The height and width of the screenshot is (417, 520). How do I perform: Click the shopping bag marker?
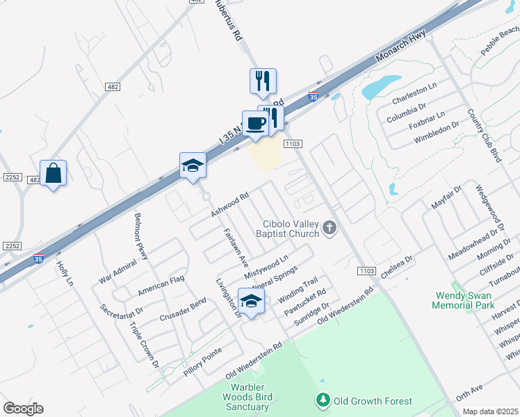point(53,173)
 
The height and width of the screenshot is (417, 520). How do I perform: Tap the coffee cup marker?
point(254,123)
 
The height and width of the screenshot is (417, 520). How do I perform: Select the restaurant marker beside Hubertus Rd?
point(263,81)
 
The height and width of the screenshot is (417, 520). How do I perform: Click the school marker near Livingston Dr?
point(251,300)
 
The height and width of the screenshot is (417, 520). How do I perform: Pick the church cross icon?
point(330,228)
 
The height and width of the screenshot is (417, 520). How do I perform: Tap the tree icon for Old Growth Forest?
point(323,400)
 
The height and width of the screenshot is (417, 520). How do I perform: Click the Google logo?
point(23,409)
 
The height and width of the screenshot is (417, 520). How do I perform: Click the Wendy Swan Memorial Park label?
point(462,300)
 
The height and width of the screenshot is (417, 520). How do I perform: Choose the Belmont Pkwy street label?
point(141,236)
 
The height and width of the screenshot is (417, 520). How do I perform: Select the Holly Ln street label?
point(65,272)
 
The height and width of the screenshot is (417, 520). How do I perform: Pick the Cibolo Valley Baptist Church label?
point(291,229)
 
